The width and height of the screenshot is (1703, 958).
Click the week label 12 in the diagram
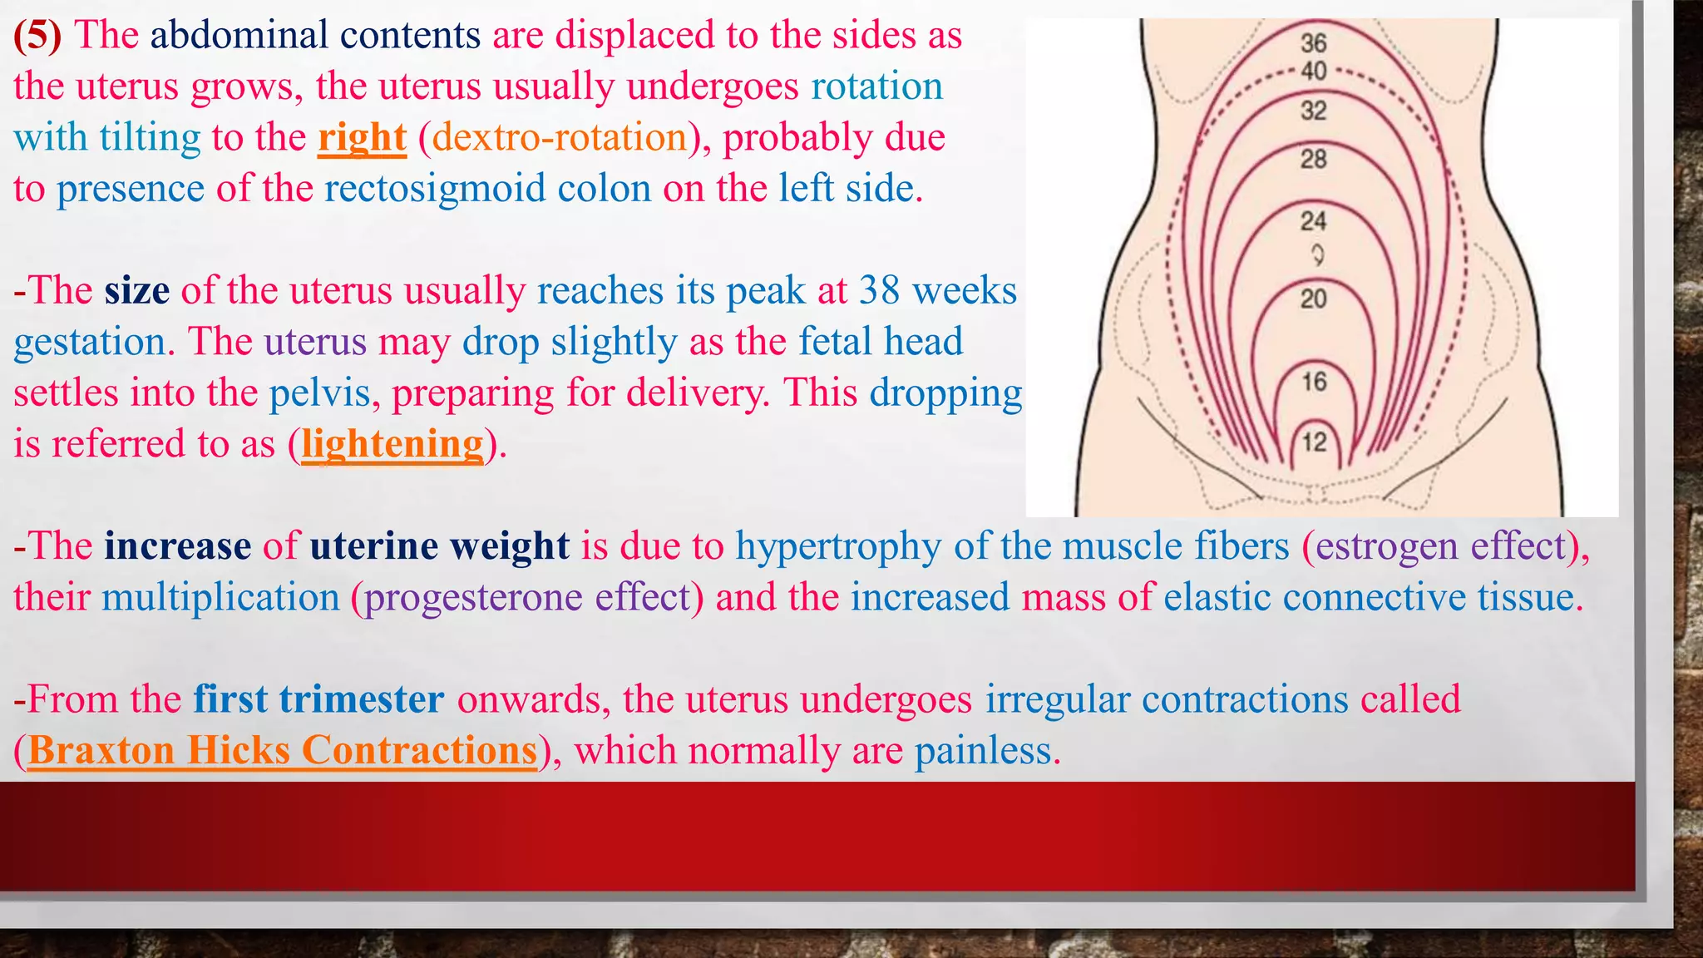pos(1314,442)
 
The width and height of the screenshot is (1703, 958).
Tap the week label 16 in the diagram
pos(1314,382)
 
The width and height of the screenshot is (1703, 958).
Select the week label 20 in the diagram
pos(1314,299)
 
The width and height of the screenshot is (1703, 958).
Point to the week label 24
pos(1314,221)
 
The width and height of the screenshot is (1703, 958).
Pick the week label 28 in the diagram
pos(1314,159)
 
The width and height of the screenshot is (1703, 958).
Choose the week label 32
pos(1314,111)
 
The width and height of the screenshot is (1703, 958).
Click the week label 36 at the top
pos(1314,43)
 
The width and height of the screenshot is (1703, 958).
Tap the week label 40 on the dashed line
pos(1314,72)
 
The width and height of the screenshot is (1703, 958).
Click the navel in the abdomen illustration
pos(1317,254)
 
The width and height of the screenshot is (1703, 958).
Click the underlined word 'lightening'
pos(392,444)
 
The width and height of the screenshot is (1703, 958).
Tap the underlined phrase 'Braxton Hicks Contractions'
pos(283,750)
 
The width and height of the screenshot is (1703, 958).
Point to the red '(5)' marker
pos(37,36)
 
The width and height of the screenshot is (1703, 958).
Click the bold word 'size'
pos(137,291)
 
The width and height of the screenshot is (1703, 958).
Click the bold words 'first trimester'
pos(318,699)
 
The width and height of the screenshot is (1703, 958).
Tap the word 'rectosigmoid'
pos(435,189)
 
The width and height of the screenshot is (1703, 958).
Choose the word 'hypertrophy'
pos(838,547)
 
